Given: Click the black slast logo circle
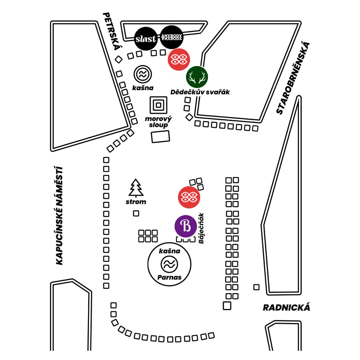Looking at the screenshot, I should [x=145, y=39].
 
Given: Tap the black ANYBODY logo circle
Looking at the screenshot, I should [x=172, y=37].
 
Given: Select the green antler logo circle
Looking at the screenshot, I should [x=197, y=77].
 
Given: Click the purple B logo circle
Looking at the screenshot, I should [x=186, y=227].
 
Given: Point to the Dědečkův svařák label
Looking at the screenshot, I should [x=200, y=92].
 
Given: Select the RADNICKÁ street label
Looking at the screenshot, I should [x=286, y=307].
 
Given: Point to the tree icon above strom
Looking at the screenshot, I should [x=136, y=188].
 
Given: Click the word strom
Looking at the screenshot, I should [x=136, y=202].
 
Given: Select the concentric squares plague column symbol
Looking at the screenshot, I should [x=159, y=105].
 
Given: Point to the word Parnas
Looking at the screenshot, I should [x=169, y=277].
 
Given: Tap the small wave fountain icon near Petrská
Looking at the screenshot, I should [x=143, y=74].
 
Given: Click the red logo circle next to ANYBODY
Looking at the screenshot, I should [x=179, y=59].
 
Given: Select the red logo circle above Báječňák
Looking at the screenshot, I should [x=189, y=197].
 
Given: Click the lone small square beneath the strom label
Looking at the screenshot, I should [x=136, y=213].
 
